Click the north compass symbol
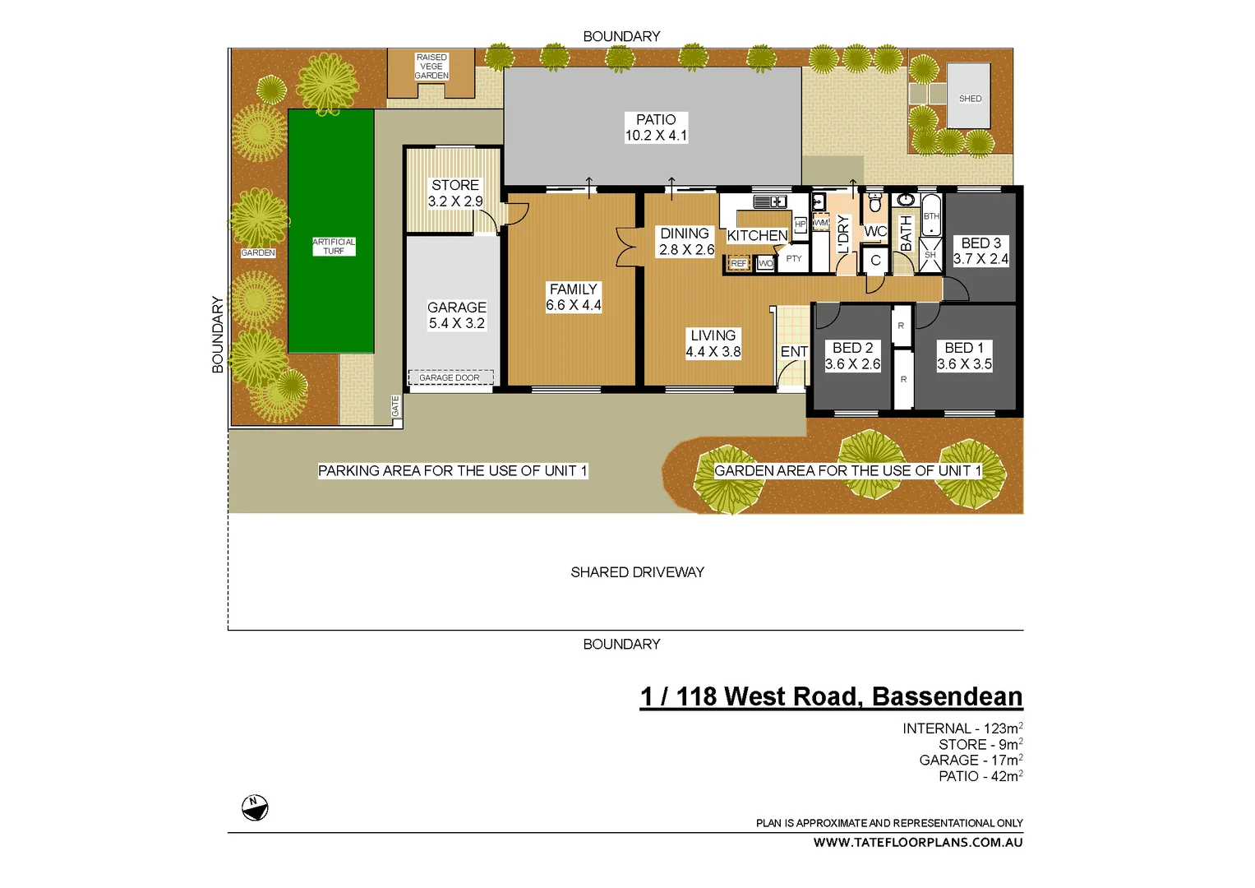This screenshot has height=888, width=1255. pyautogui.click(x=255, y=807)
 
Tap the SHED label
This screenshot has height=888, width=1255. pyautogui.click(x=970, y=99)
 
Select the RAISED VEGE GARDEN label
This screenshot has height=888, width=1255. pyautogui.click(x=431, y=67)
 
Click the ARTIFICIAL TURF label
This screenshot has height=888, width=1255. pyautogui.click(x=334, y=247)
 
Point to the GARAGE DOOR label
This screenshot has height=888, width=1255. pyautogui.click(x=450, y=378)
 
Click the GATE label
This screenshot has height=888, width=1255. pyautogui.click(x=395, y=405)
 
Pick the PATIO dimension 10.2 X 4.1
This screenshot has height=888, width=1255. pyautogui.click(x=656, y=136)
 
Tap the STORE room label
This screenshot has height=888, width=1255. pyautogui.click(x=455, y=186)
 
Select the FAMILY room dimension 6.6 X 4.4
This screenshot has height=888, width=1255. pyautogui.click(x=574, y=305)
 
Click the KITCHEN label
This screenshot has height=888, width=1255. pyautogui.click(x=757, y=236)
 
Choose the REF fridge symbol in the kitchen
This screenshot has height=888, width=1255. pyautogui.click(x=739, y=264)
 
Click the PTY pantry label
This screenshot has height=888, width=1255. pyautogui.click(x=794, y=259)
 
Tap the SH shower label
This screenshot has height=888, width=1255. pyautogui.click(x=930, y=255)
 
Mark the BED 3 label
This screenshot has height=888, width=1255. pyautogui.click(x=981, y=243)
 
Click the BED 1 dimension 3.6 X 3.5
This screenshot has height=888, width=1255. pyautogui.click(x=965, y=364)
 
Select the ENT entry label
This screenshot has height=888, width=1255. pyautogui.click(x=794, y=352)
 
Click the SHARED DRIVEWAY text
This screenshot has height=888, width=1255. pyautogui.click(x=637, y=572)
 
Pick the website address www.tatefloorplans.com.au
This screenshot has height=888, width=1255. pyautogui.click(x=918, y=843)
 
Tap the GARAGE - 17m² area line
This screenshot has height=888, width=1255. pyautogui.click(x=971, y=761)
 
